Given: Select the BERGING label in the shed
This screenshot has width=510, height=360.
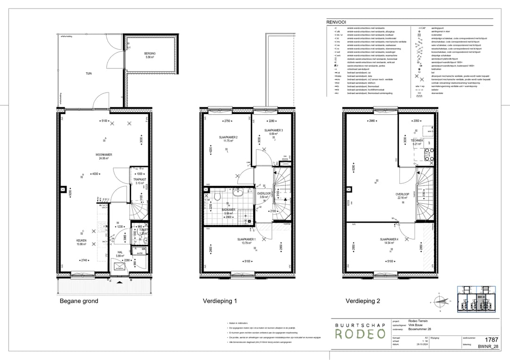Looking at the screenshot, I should pyautogui.click(x=150, y=54).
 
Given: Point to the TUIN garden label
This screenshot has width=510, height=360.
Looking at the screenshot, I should pyautogui.click(x=88, y=74).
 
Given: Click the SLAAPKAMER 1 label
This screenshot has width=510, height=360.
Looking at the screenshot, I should pyautogui.click(x=246, y=240).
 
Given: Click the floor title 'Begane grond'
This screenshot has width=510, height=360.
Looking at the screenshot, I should pyautogui.click(x=78, y=301).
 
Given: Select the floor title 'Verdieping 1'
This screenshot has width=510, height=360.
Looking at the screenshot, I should pyautogui.click(x=220, y=301).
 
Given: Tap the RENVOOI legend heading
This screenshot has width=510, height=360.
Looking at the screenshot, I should pyautogui.click(x=335, y=22).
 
